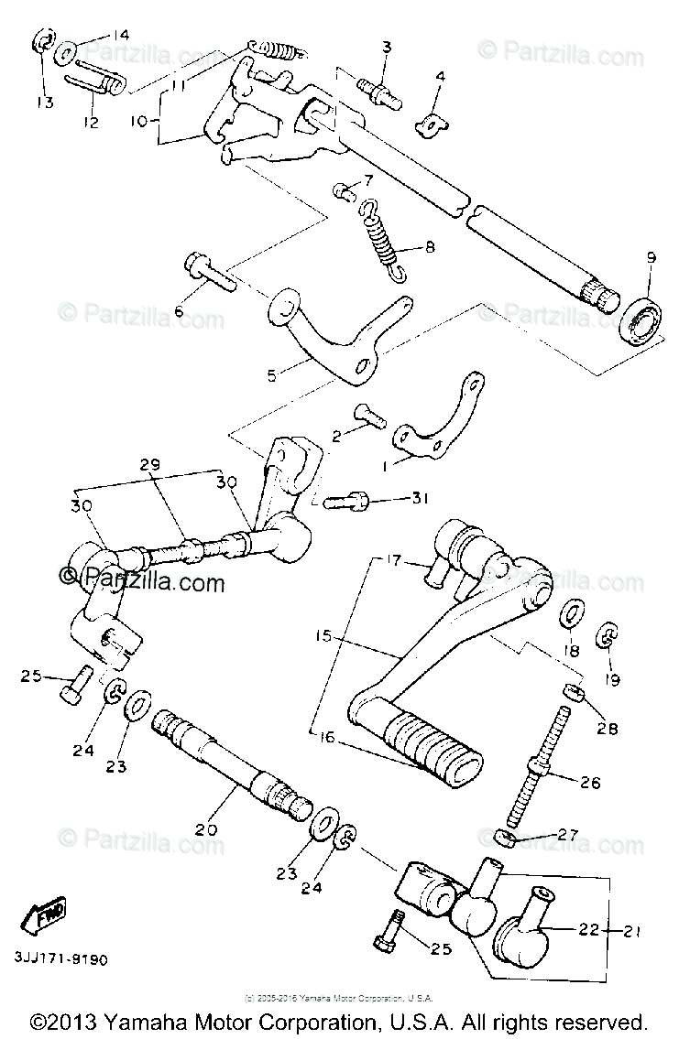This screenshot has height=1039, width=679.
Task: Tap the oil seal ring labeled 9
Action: coord(641,319)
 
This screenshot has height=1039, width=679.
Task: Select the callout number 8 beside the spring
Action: coord(429,246)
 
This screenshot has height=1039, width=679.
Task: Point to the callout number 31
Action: coord(421,498)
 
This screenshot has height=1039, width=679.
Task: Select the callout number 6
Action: coord(179,312)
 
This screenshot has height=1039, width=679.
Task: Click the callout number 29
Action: coord(149,466)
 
